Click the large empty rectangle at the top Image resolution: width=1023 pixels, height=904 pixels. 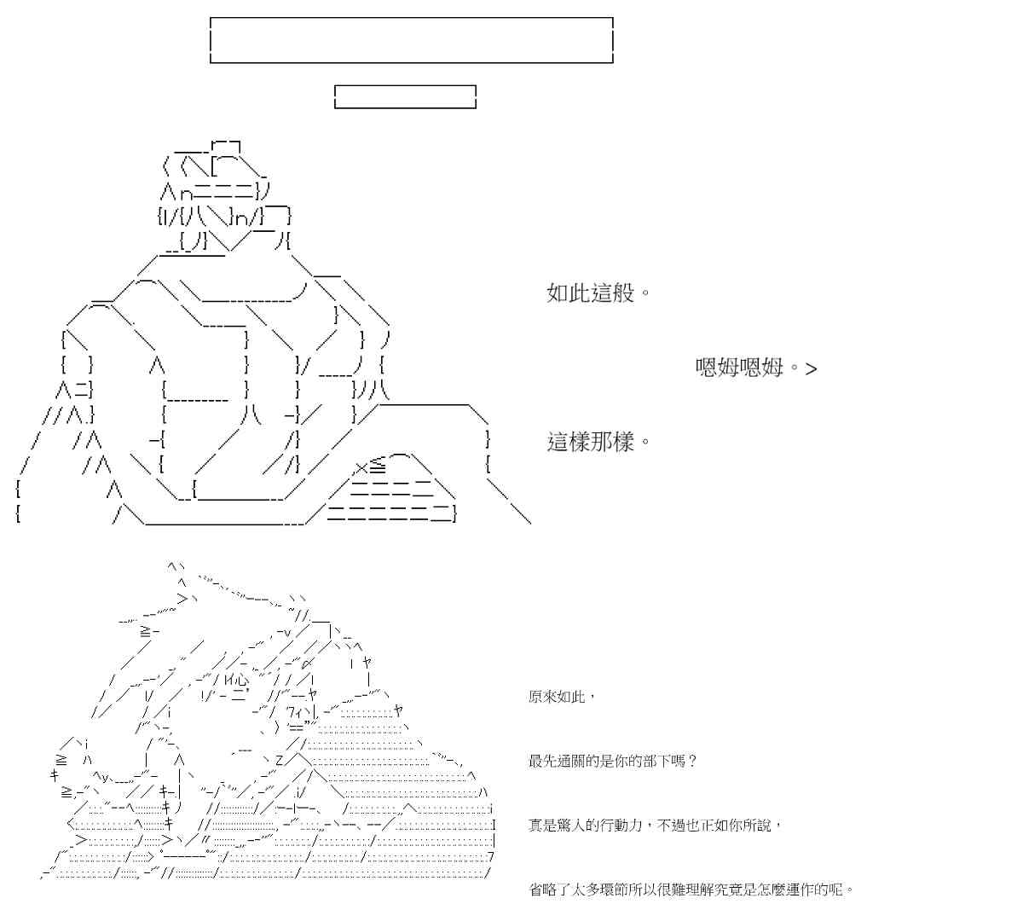(x=412, y=40)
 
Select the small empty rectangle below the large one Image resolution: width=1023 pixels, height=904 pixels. (x=405, y=96)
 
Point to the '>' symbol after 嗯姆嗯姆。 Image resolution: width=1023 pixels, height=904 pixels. (x=811, y=369)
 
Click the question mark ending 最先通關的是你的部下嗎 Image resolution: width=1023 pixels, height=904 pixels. (x=691, y=761)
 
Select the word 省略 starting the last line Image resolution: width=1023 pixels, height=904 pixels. (x=543, y=890)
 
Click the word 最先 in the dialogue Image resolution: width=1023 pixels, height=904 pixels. (x=543, y=761)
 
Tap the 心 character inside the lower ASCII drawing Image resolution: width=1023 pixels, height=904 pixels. (x=241, y=680)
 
